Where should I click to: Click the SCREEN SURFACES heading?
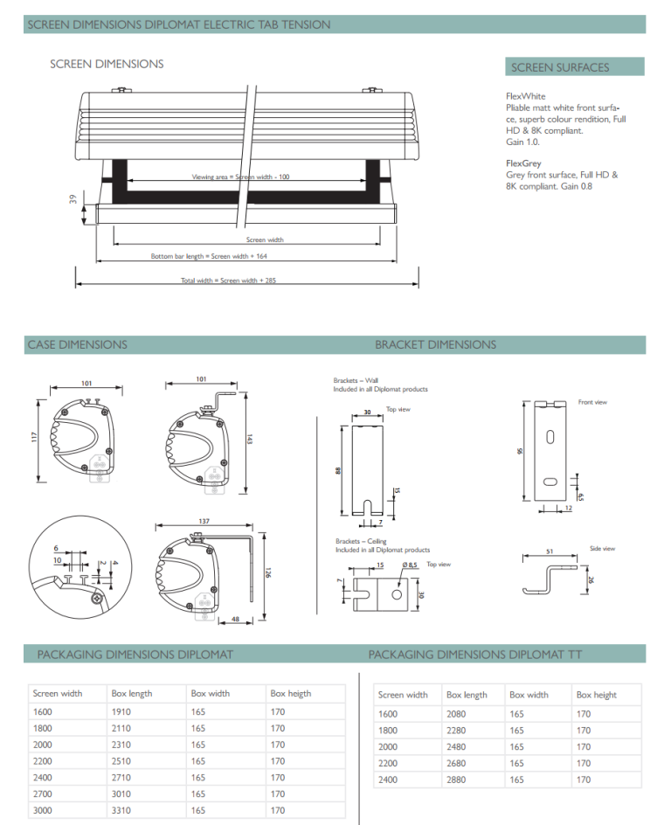560,67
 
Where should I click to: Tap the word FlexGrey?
523,163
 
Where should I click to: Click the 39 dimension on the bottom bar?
73,199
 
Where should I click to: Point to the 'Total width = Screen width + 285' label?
228,281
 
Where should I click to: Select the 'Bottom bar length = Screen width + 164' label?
209,256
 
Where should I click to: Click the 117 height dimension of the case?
35,437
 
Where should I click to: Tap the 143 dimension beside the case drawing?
250,440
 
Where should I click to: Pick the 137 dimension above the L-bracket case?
204,521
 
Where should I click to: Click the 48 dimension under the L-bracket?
236,620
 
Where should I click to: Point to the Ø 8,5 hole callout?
409,565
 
